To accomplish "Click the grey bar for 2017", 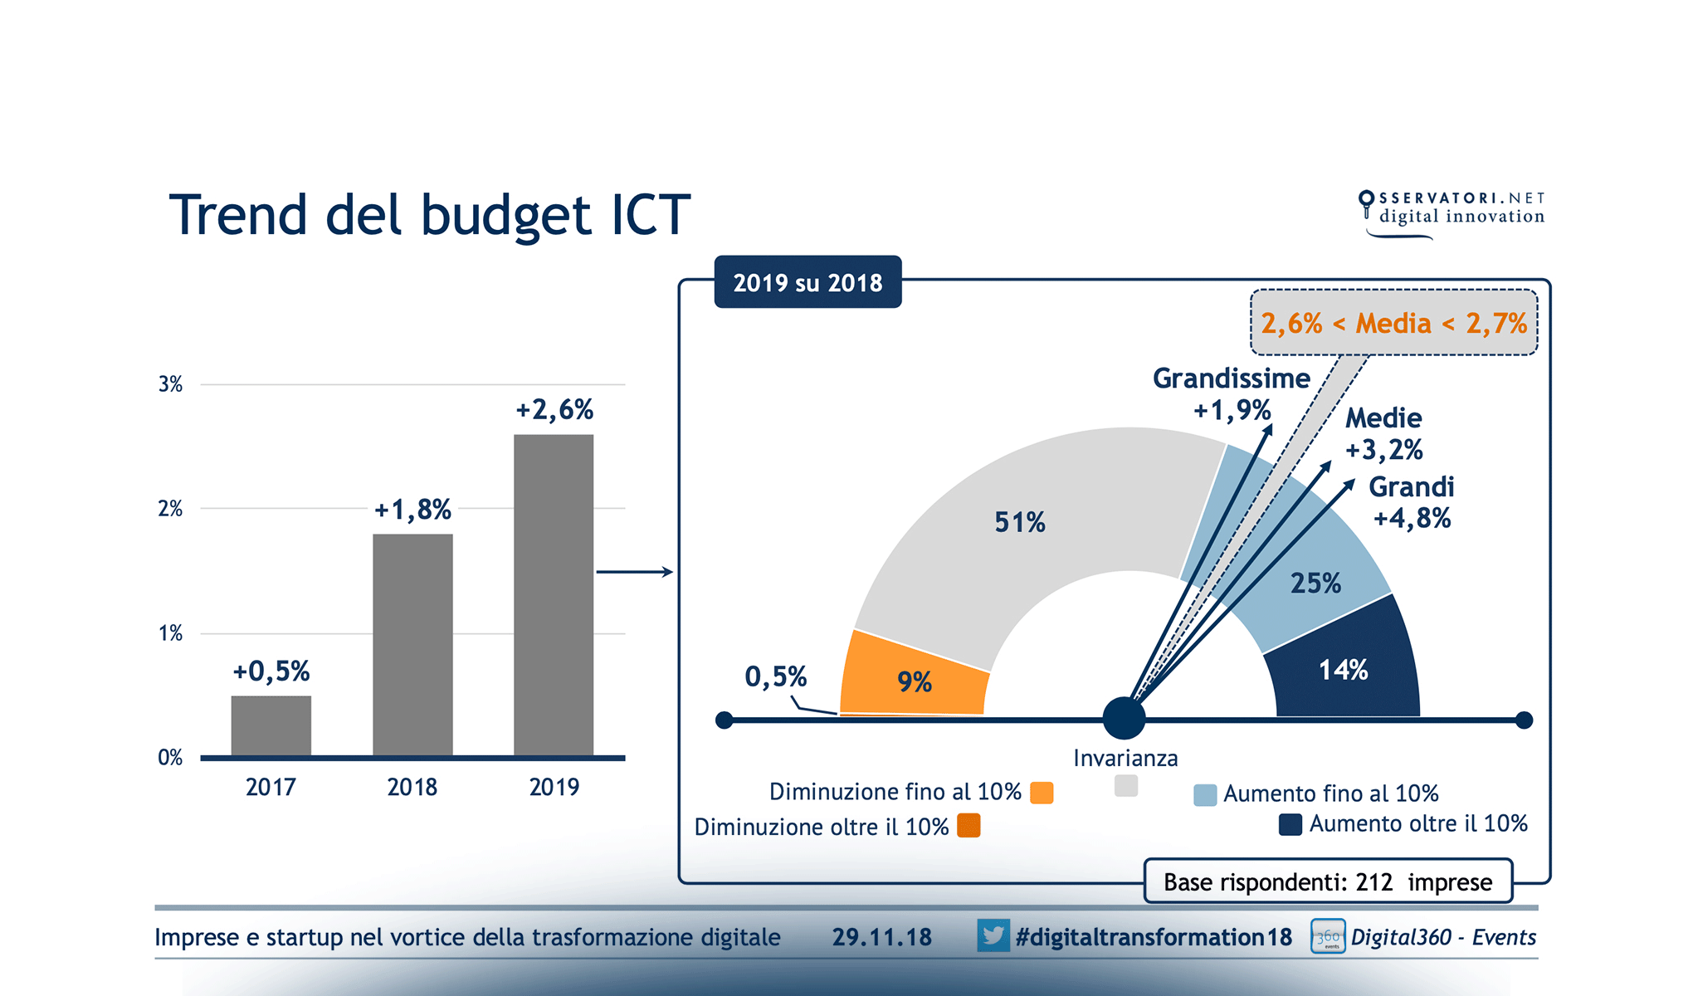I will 271,725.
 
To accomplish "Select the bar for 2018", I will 412,644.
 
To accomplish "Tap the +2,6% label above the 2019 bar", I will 554,410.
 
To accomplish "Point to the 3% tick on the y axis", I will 170,384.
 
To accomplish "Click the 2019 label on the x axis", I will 554,787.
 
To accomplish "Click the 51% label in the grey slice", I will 1020,522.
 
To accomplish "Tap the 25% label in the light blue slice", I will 1315,583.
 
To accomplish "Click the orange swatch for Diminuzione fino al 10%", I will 1042,793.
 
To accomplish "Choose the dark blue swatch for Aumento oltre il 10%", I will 1290,824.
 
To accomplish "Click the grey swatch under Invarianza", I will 1126,785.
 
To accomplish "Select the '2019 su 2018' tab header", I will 807,283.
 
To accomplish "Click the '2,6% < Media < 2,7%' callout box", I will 1393,323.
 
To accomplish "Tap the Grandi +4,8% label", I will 1411,502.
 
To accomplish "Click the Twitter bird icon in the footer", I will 993,935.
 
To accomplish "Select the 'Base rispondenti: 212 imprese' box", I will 1327,881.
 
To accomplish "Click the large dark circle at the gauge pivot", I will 1124,719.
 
